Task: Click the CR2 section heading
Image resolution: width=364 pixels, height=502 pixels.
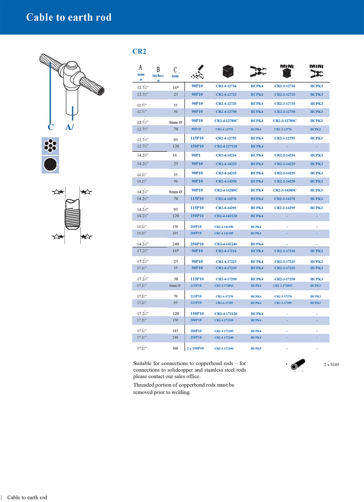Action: (139, 52)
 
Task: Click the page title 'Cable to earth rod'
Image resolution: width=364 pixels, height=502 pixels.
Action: (69, 17)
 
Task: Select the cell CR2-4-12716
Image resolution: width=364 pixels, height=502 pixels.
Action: (226, 86)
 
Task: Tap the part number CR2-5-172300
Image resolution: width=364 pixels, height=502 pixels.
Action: (224, 348)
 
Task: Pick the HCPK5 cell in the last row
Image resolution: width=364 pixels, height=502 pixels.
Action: (256, 348)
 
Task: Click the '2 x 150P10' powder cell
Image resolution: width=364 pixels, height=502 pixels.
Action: (195, 348)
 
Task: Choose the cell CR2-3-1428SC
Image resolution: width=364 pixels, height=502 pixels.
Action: (285, 190)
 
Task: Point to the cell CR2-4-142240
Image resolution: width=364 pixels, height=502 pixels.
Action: (226, 244)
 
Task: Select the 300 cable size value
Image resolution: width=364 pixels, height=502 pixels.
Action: (175, 348)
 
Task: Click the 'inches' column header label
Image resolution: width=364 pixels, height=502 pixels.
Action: (158, 76)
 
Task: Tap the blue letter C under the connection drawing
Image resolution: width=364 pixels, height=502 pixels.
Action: (51, 127)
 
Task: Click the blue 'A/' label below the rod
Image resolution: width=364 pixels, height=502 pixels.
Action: (69, 127)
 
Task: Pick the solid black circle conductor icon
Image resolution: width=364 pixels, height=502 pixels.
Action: (50, 165)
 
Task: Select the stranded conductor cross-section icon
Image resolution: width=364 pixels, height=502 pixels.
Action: (50, 146)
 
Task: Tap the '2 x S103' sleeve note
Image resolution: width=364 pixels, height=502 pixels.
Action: (331, 364)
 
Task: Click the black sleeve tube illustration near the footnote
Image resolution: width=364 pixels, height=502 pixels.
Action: (298, 364)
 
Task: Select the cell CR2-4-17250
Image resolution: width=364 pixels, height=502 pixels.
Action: (226, 279)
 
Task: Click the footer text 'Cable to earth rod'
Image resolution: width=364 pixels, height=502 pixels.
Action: (27, 497)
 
